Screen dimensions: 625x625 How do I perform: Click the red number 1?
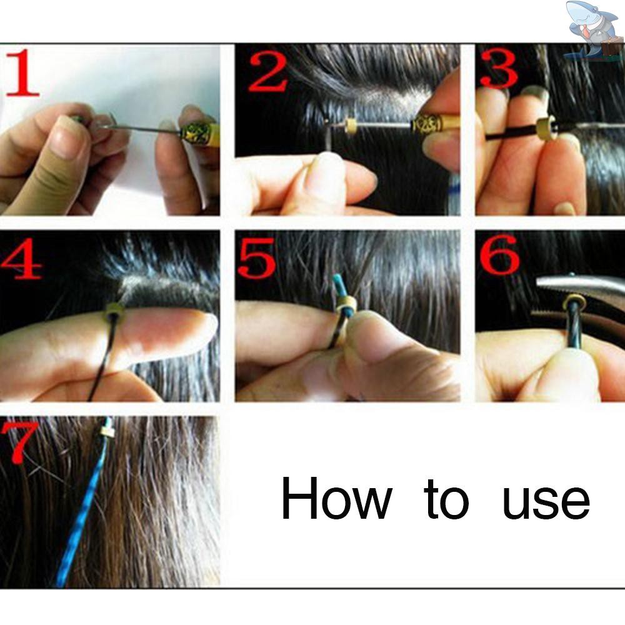23,72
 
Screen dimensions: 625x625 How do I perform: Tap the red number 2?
268,72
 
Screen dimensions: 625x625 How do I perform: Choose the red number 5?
257,257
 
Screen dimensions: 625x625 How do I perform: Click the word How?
336,498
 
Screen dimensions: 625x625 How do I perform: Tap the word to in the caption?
446,500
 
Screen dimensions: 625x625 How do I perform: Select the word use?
546,503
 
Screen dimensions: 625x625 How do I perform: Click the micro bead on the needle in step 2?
351,125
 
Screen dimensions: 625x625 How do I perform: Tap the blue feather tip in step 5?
338,286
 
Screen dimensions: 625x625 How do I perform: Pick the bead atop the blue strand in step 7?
106,431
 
